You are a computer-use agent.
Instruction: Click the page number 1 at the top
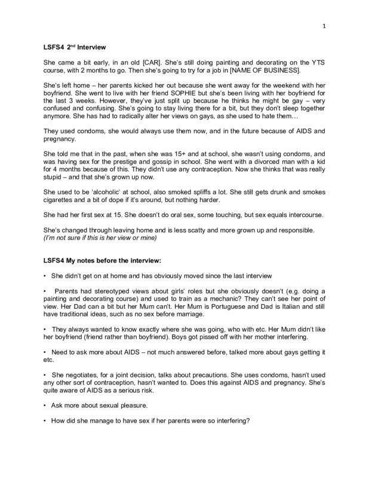pos(323,26)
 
